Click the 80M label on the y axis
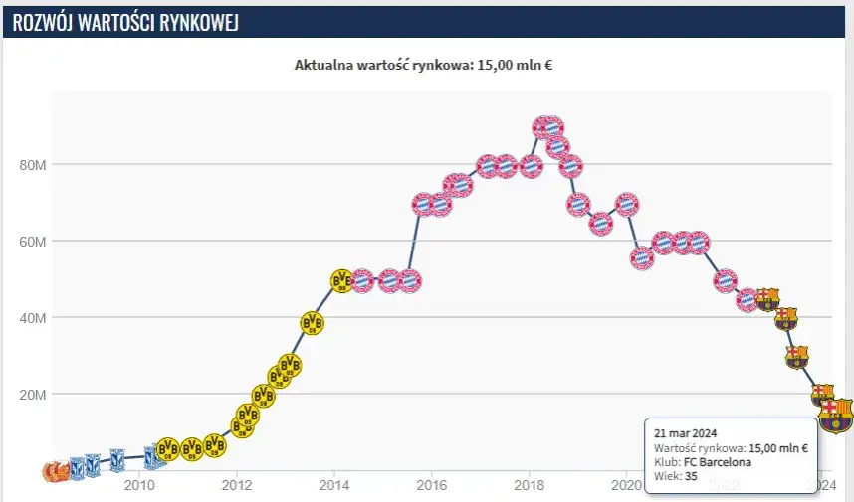[34, 164]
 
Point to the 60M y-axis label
[34, 241]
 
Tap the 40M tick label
[34, 317]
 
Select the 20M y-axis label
[34, 394]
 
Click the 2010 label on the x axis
[138, 485]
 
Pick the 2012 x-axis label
[236, 485]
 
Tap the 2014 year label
[333, 485]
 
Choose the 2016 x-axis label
[431, 485]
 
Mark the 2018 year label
[529, 485]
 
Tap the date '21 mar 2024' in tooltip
[685, 434]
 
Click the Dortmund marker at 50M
[340, 281]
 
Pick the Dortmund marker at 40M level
[313, 322]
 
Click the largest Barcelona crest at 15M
[835, 416]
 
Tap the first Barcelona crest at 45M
[766, 298]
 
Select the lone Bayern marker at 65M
[601, 223]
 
